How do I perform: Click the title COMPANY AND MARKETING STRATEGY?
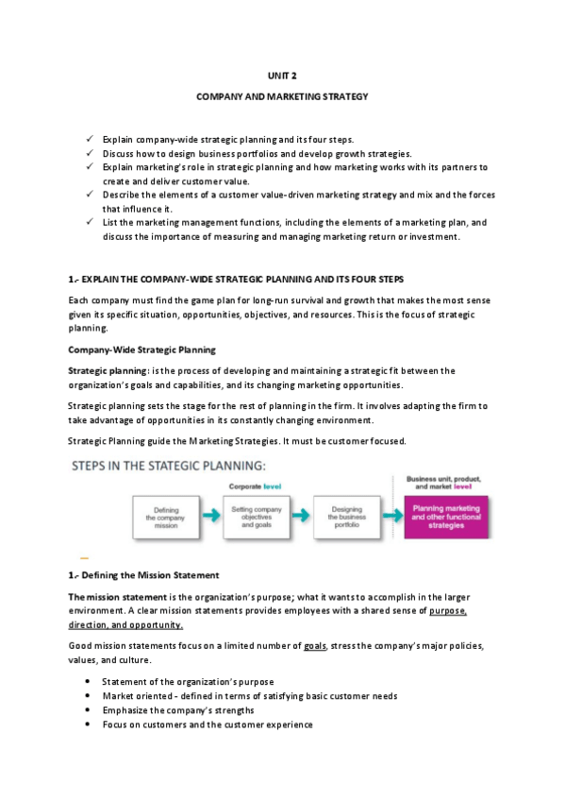[282, 96]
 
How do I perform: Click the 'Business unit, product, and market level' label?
[443, 483]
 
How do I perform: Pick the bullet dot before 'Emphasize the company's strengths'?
[88, 710]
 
